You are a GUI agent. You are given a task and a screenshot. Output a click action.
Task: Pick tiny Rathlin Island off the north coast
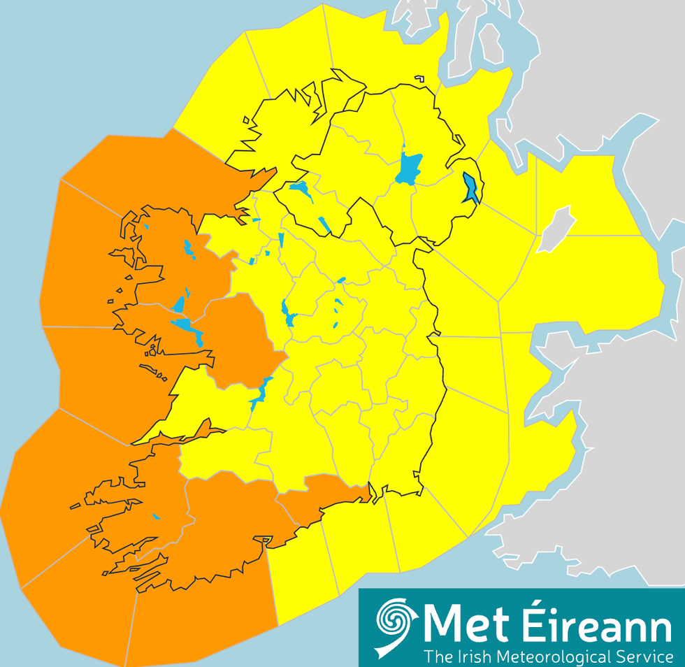(x=419, y=79)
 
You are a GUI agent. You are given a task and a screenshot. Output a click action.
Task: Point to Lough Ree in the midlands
(x=287, y=313)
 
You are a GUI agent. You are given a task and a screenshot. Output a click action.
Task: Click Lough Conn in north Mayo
(x=188, y=248)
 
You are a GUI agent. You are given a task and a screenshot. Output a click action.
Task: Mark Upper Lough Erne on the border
(x=324, y=224)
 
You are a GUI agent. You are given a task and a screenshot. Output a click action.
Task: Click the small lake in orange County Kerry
(x=156, y=517)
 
